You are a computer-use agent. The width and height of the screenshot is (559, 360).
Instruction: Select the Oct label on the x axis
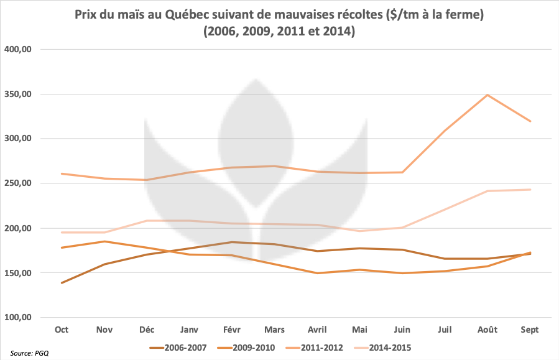click(x=62, y=330)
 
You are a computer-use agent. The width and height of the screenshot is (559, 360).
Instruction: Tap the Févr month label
click(x=232, y=330)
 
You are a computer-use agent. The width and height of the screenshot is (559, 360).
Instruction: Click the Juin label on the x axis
click(x=402, y=330)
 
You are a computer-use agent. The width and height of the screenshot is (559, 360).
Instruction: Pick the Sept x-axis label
click(x=530, y=330)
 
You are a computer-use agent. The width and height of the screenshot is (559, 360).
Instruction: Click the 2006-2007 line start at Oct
click(x=62, y=283)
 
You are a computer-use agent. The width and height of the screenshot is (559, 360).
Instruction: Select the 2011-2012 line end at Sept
click(x=530, y=121)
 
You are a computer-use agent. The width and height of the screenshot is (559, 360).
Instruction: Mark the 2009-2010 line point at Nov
click(x=104, y=241)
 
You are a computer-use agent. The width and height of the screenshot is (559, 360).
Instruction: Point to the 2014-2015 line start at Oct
click(x=62, y=233)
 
